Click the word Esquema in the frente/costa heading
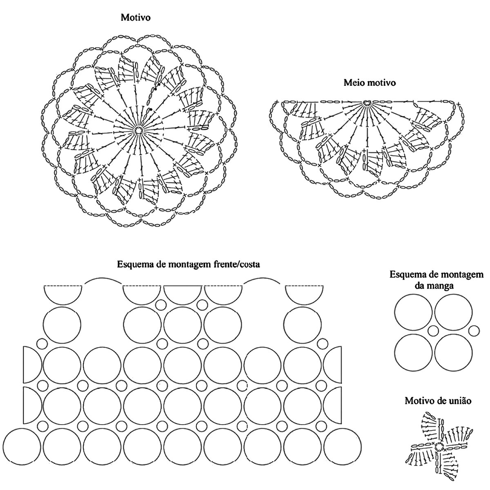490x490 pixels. pyautogui.click(x=135, y=264)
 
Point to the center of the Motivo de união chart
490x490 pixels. pyautogui.click(x=439, y=445)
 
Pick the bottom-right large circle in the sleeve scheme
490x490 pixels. pyautogui.click(x=453, y=353)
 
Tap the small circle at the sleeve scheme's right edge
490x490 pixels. pyautogui.click(x=474, y=330)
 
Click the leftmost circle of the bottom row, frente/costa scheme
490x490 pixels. pyautogui.click(x=22, y=447)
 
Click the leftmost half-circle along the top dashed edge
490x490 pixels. pyautogui.click(x=63, y=294)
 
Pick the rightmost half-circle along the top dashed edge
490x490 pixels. pyautogui.click(x=304, y=294)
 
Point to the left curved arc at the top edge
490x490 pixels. pyautogui.click(x=103, y=281)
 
